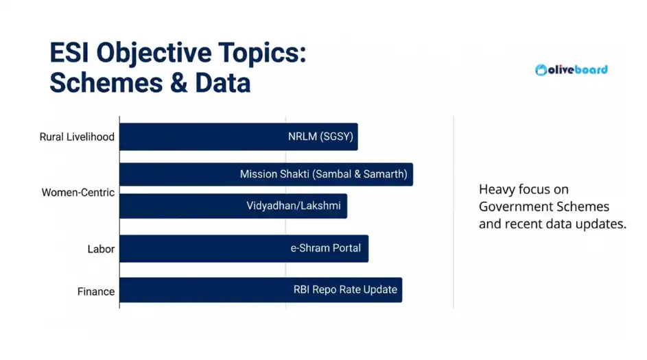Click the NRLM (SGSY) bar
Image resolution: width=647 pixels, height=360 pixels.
(239, 136)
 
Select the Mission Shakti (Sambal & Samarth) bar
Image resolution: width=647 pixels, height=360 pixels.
(266, 174)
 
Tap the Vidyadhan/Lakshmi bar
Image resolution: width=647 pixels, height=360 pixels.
(233, 206)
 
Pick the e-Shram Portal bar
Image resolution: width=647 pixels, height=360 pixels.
(244, 248)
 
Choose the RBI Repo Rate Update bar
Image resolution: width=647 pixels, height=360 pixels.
(261, 289)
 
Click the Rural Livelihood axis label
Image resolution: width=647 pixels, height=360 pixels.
(77, 137)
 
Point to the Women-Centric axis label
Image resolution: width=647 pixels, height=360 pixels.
(78, 193)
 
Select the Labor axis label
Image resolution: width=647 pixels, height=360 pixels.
(100, 250)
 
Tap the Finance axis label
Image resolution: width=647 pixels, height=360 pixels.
(95, 291)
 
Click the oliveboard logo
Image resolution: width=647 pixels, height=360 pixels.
(571, 69)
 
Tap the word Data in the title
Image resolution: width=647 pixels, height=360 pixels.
(222, 83)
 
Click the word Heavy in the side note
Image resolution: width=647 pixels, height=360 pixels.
(496, 189)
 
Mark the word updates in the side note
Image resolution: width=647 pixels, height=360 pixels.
(603, 224)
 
